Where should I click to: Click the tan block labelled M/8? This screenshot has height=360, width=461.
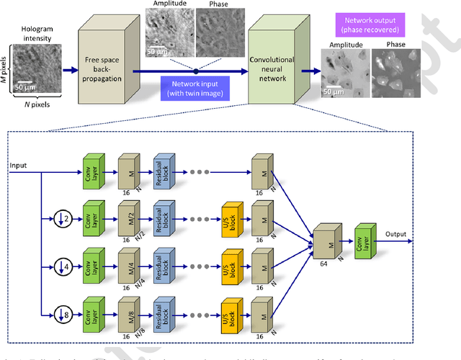(127, 309)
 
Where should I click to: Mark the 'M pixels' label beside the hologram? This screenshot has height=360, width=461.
(7, 69)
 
